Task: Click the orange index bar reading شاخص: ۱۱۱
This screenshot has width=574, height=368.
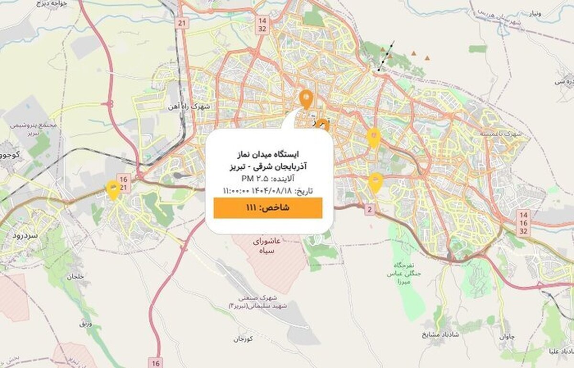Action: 268,208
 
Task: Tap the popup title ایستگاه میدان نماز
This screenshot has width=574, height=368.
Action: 268,155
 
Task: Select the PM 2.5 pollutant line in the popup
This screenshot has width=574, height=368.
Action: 268,179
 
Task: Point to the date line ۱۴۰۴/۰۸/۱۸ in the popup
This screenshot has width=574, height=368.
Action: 268,191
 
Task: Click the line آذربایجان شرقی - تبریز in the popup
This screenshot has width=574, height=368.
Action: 268,167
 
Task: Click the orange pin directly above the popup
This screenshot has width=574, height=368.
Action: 306,98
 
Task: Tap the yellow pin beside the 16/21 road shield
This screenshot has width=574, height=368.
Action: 113,189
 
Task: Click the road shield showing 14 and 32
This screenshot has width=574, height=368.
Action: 262,24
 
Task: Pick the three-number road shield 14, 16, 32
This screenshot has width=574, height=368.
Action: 523,223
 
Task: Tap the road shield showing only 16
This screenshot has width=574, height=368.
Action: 155,363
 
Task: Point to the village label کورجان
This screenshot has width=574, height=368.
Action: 243,339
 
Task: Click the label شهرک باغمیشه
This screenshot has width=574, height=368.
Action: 504,134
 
